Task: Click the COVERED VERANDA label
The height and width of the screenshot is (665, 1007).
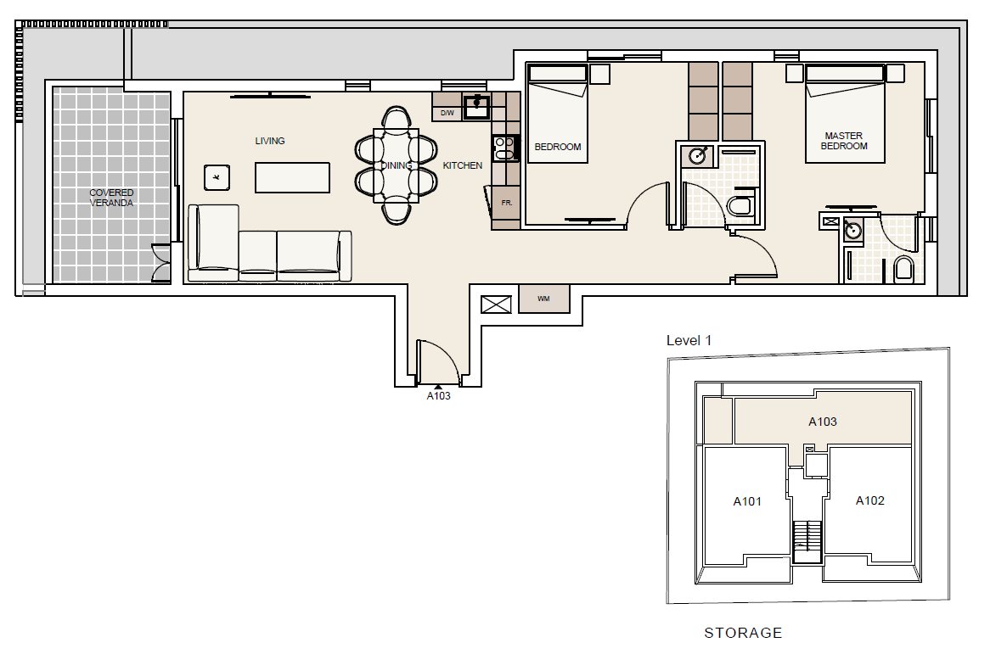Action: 111,198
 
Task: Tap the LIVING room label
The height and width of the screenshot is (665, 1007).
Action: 270,141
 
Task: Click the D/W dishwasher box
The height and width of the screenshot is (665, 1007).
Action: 447,113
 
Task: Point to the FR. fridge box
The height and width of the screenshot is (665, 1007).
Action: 506,204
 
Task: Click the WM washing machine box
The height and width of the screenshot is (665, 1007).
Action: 543,299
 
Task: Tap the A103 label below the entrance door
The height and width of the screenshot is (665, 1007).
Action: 438,395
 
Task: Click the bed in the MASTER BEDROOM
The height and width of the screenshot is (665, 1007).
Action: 845,115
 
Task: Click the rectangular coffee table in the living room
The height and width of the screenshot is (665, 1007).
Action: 292,178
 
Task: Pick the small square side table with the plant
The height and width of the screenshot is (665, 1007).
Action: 217,177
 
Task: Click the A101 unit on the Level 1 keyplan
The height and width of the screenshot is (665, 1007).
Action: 747,500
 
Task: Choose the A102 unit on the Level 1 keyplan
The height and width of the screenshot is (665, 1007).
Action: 869,500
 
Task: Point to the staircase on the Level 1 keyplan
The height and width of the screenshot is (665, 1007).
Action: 807,537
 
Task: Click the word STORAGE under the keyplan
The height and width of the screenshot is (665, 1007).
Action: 743,633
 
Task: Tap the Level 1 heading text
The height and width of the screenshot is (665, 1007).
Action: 689,341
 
